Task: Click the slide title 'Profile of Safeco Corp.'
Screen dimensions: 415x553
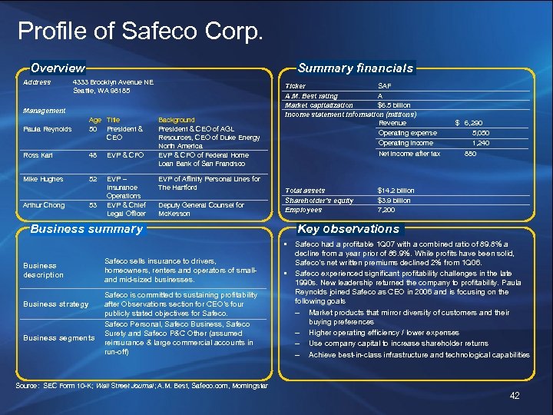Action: tap(141, 32)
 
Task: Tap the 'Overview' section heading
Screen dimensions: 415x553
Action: tap(58, 68)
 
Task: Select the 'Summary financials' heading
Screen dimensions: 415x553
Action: tap(356, 68)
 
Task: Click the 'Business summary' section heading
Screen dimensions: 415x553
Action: tap(87, 228)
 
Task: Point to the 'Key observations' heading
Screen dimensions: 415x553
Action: tap(348, 228)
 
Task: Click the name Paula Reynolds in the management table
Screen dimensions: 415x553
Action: tap(48, 129)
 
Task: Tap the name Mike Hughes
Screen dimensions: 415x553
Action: tap(42, 179)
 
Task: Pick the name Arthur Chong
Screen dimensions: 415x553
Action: tap(43, 205)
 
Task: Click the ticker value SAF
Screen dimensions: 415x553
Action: tap(385, 86)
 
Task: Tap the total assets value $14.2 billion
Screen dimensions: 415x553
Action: tap(396, 191)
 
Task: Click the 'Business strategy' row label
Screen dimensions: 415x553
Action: tap(56, 304)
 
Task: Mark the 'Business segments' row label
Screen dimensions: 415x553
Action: tap(58, 338)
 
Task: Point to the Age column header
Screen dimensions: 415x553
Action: tap(95, 120)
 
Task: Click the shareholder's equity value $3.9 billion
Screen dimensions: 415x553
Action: tap(395, 201)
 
